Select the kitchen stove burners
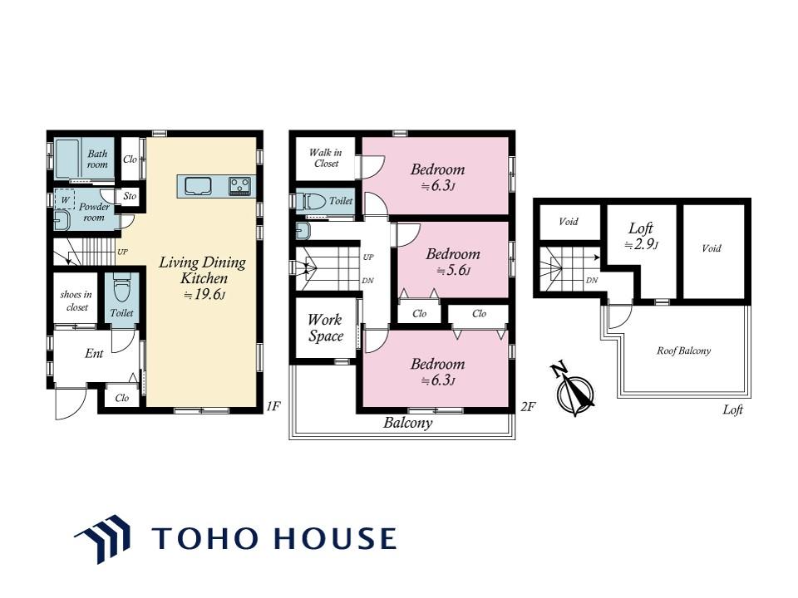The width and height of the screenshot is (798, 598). (239, 185)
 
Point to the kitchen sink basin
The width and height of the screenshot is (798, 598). (198, 185)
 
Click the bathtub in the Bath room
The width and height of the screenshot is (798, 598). (66, 158)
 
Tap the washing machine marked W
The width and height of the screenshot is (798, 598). (65, 199)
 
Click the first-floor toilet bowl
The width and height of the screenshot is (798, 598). (121, 289)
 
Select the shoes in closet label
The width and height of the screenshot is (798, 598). (76, 301)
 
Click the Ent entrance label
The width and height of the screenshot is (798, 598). (94, 354)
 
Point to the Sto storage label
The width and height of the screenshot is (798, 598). (130, 196)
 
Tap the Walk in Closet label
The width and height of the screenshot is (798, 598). (326, 158)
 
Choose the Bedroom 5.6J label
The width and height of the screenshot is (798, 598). (453, 262)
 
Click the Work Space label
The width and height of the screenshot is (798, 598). (326, 328)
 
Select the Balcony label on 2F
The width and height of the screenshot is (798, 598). (407, 423)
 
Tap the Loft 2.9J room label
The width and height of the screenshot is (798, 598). (641, 236)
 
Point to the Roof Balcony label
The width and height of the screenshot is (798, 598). (683, 350)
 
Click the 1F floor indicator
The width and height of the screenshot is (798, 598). (273, 406)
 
